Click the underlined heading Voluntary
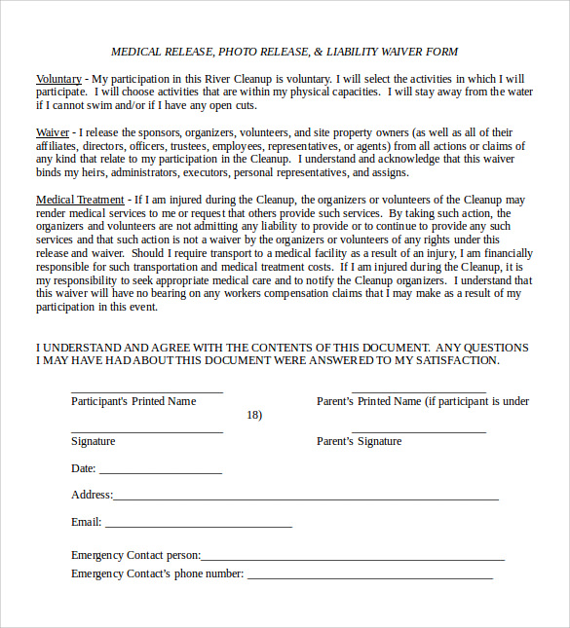(58, 79)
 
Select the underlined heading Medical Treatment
(80, 200)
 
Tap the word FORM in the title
(441, 52)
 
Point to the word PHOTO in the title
(238, 52)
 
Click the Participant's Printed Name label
(133, 401)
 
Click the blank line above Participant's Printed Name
(146, 391)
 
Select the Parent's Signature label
(359, 441)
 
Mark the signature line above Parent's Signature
(418, 431)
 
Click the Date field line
(161, 473)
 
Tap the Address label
(92, 495)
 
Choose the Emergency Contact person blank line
(353, 560)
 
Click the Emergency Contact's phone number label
(157, 573)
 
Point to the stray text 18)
(254, 415)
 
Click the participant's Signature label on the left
(93, 441)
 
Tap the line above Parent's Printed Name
(418, 391)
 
